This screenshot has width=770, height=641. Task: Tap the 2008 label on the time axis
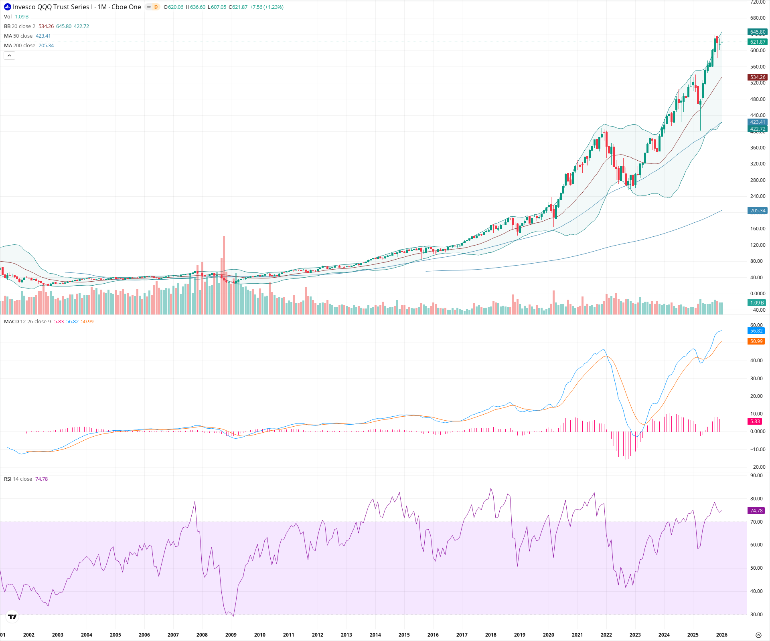202,635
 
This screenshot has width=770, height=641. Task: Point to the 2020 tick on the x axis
548,635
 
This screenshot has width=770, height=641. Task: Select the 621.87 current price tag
758,42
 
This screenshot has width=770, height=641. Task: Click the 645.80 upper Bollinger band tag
758,32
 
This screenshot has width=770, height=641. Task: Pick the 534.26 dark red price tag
758,77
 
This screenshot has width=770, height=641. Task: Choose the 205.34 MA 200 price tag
758,211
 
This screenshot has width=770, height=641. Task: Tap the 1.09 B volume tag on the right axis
757,303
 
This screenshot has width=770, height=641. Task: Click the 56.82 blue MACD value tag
756,331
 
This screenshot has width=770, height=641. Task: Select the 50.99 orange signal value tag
756,341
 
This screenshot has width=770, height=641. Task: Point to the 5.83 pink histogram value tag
755,421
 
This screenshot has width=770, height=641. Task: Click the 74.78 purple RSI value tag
756,511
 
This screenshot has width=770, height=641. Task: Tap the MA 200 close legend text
20,46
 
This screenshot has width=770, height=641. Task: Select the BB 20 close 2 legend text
20,26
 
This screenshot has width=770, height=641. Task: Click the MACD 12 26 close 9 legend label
27,322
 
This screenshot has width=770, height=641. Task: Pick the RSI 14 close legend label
18,479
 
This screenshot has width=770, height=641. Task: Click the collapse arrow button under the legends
9,56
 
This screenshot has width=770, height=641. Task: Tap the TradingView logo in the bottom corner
12,617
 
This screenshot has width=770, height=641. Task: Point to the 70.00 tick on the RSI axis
756,522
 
